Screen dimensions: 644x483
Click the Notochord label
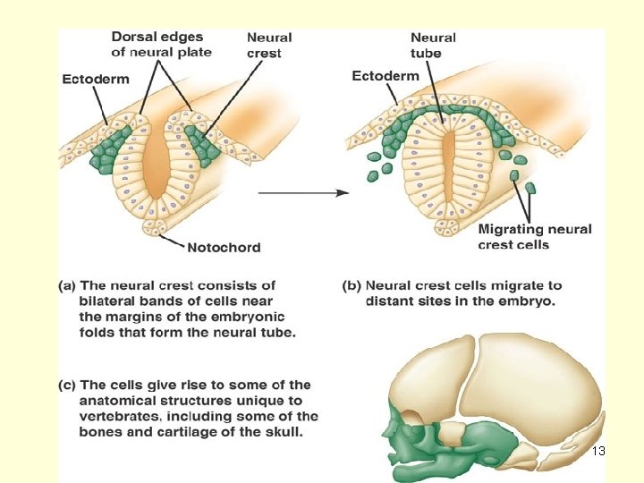pyautogui.click(x=224, y=247)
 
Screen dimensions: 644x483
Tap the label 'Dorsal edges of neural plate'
pyautogui.click(x=161, y=45)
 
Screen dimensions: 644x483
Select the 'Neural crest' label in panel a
pyautogui.click(x=269, y=46)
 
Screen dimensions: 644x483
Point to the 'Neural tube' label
pyautogui.click(x=433, y=46)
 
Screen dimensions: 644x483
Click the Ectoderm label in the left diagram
pyautogui.click(x=96, y=79)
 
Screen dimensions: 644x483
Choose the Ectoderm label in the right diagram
pyautogui.click(x=386, y=76)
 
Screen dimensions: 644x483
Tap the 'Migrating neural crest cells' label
pyautogui.click(x=535, y=236)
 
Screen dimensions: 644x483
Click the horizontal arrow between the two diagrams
pyautogui.click(x=303, y=192)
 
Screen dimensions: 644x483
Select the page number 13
pyautogui.click(x=598, y=451)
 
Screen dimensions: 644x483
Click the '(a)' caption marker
pyautogui.click(x=67, y=286)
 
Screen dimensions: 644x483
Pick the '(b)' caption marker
pyautogui.click(x=352, y=286)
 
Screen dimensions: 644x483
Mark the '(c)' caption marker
pyautogui.click(x=67, y=386)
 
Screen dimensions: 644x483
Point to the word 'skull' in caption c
pyautogui.click(x=284, y=432)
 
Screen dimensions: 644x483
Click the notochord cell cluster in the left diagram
pyautogui.click(x=155, y=227)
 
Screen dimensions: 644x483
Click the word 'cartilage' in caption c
pyautogui.click(x=185, y=432)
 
